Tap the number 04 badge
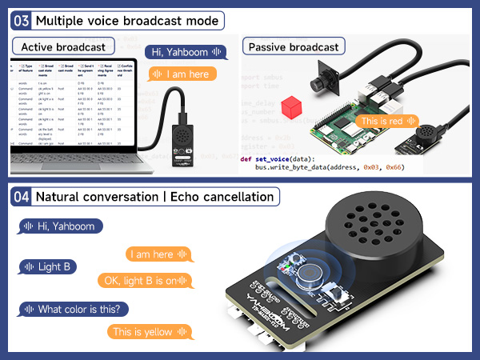22,197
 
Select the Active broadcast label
63,47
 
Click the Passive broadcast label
293,47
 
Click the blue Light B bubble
49,266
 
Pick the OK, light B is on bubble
145,281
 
